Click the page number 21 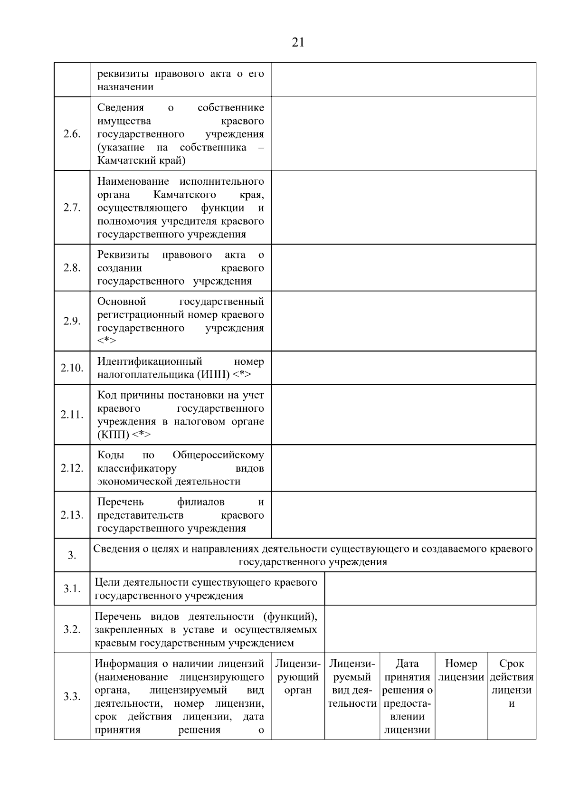pyautogui.click(x=298, y=43)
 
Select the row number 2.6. pyautogui.click(x=72, y=134)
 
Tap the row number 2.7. pyautogui.click(x=72, y=208)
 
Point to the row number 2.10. pyautogui.click(x=72, y=368)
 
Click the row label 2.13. pyautogui.click(x=72, y=515)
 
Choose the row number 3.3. pyautogui.click(x=72, y=697)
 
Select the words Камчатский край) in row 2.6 pyautogui.click(x=142, y=161)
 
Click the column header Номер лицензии pyautogui.click(x=461, y=670)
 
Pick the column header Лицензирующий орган pyautogui.click(x=298, y=677)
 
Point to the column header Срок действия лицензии pyautogui.click(x=512, y=683)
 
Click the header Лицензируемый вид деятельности pyautogui.click(x=352, y=683)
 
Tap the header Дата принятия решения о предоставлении pyautogui.click(x=407, y=696)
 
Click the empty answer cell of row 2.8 pyautogui.click(x=404, y=267)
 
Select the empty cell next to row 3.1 pyautogui.click(x=430, y=589)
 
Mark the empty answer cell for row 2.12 pyautogui.click(x=404, y=468)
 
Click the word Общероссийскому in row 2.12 pyautogui.click(x=218, y=455)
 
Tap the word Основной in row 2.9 pyautogui.click(x=122, y=302)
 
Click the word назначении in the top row pyautogui.click(x=125, y=87)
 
